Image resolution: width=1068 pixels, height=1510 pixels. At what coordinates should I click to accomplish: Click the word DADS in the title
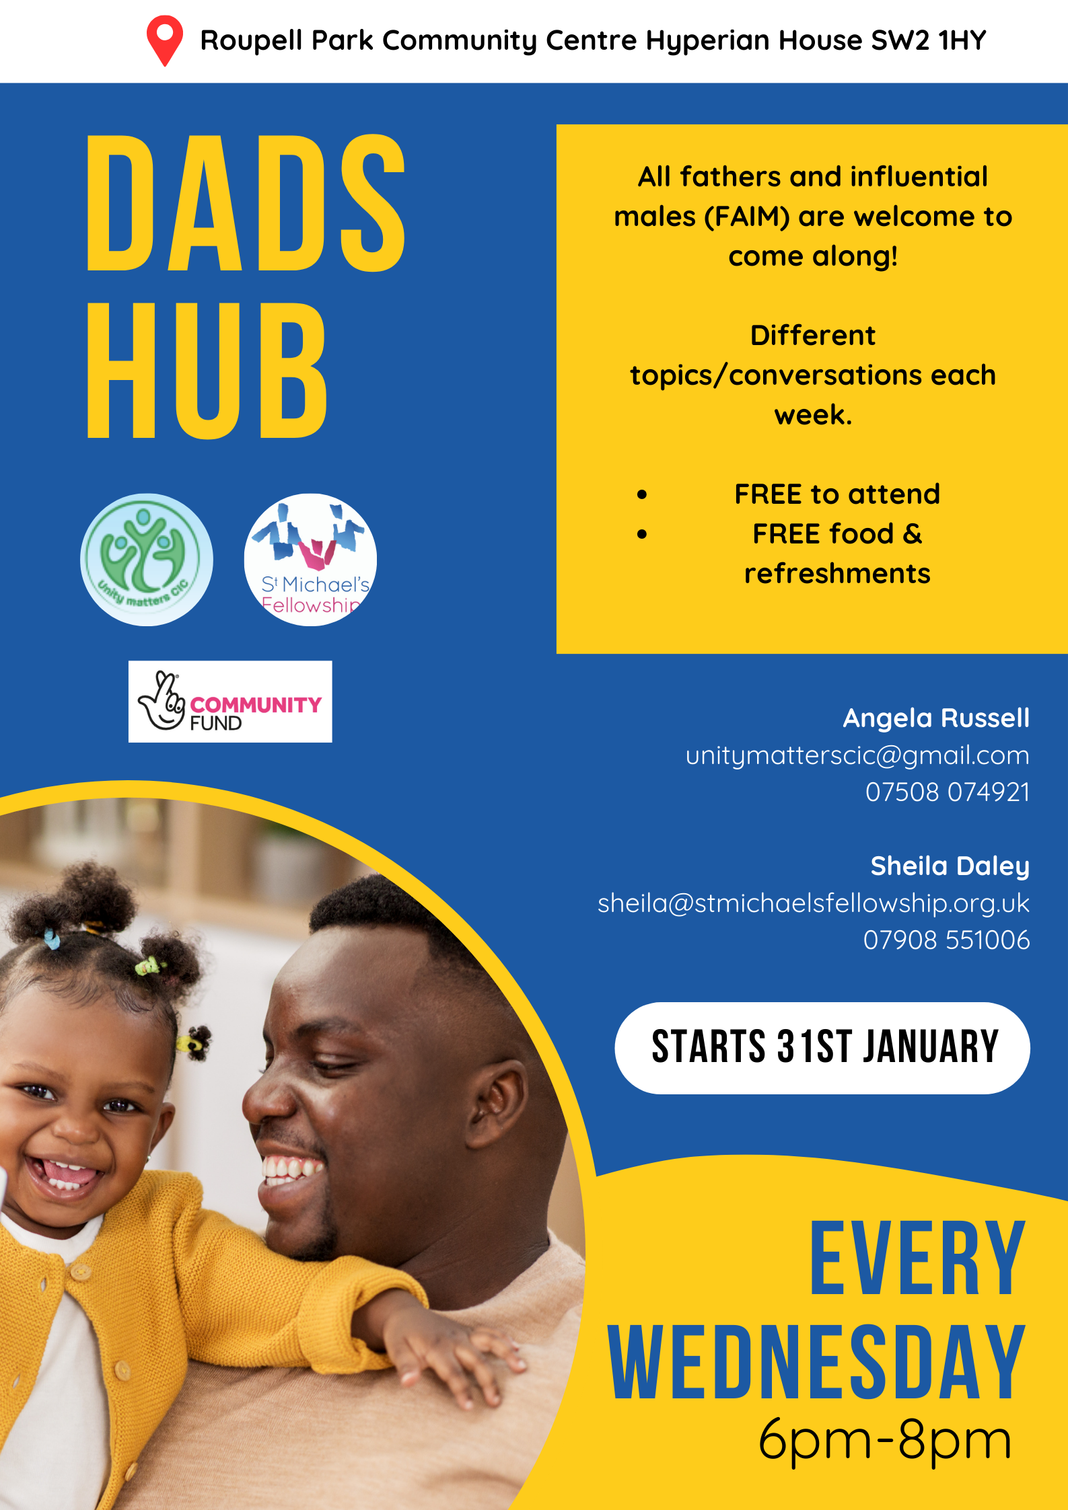tap(246, 203)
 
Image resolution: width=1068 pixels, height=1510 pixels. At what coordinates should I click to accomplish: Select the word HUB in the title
tap(207, 371)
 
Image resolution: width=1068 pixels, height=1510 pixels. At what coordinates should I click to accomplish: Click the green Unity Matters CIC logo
tap(147, 560)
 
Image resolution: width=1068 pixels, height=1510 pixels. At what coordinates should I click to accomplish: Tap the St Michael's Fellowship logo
tap(310, 560)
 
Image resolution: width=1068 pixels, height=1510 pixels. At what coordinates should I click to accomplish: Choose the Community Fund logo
tap(230, 702)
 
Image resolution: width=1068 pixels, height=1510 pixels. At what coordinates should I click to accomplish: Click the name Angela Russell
tap(936, 718)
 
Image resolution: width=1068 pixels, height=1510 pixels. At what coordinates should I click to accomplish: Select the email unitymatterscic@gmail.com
tap(857, 755)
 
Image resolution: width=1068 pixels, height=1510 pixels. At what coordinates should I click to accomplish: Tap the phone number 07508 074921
tap(948, 792)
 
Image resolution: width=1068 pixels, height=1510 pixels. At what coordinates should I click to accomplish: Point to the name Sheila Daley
tap(950, 866)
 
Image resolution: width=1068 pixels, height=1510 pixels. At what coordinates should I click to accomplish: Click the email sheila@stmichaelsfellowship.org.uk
tap(814, 903)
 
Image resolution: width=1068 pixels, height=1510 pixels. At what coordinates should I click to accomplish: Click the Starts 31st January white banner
tap(822, 1048)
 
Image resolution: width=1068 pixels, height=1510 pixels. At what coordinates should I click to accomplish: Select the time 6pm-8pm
tap(885, 1440)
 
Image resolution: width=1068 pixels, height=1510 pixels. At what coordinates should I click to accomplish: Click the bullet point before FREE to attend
tap(642, 495)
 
